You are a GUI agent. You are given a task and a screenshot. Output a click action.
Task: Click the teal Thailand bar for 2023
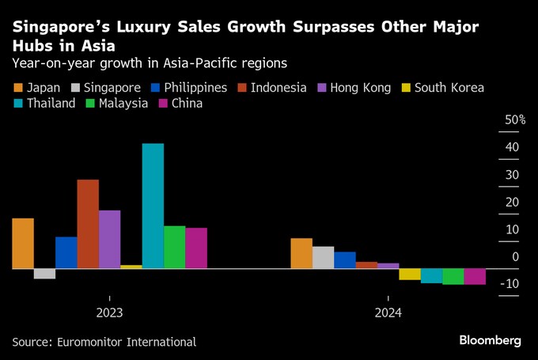click(x=153, y=206)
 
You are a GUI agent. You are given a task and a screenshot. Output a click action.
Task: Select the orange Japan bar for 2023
click(x=23, y=243)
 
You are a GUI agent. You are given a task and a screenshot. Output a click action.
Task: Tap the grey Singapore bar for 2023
click(x=44, y=274)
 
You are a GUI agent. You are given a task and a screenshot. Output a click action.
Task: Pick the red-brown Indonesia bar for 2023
click(x=88, y=224)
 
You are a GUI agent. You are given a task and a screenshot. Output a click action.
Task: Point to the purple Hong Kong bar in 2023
click(x=109, y=239)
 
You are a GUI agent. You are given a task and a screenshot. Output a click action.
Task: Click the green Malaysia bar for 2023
click(x=174, y=247)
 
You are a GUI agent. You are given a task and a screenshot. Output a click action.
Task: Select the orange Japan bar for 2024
click(x=301, y=253)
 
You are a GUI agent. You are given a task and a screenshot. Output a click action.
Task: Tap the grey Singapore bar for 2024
click(x=323, y=257)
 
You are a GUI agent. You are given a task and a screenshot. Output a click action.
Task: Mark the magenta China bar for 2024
click(x=475, y=276)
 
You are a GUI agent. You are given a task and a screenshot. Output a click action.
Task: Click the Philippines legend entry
click(x=190, y=88)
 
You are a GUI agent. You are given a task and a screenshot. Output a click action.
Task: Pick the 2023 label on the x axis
click(x=109, y=313)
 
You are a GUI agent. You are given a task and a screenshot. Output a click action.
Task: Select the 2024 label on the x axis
click(x=388, y=313)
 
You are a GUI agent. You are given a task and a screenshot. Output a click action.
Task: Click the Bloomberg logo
click(x=491, y=340)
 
